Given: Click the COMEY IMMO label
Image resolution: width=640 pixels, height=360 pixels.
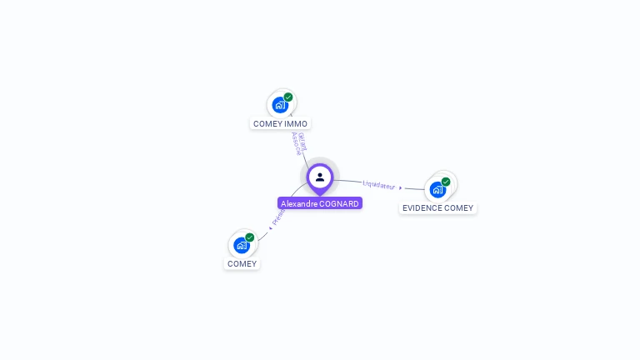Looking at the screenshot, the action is (280, 123).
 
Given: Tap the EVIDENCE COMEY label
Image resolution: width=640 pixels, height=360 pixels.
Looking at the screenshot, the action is (437, 207).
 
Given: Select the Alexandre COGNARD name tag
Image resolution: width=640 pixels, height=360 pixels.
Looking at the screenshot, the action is (320, 203).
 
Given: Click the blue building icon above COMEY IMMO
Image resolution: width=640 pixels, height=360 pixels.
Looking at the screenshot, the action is (280, 104).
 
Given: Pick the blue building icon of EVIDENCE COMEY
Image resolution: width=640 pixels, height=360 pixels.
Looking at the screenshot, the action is (437, 189).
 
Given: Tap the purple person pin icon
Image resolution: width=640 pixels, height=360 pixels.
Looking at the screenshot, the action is (320, 177).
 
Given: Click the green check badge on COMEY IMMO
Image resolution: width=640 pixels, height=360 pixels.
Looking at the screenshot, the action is (288, 97).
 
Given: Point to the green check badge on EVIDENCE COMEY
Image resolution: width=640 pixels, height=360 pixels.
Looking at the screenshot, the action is (446, 182).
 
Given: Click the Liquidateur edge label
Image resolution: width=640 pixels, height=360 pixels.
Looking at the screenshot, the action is (379, 184).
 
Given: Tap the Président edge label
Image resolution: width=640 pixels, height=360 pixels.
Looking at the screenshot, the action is (278, 217).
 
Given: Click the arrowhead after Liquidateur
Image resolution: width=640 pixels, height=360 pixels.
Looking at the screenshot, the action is (401, 187).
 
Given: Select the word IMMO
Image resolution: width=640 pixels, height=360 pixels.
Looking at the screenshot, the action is (296, 123).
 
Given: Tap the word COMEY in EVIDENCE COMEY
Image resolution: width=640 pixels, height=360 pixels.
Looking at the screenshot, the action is (458, 207).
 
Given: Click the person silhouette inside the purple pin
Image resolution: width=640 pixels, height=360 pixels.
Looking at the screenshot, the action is (320, 177).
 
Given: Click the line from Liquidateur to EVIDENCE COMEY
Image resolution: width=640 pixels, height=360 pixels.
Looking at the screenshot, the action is (414, 188).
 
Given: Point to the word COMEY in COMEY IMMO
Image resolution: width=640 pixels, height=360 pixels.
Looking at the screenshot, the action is (267, 123).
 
